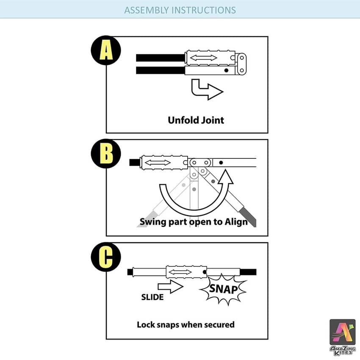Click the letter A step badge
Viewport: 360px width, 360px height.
click(x=106, y=50)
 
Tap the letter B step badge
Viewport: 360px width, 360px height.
click(x=106, y=153)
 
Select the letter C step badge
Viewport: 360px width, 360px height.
click(x=106, y=257)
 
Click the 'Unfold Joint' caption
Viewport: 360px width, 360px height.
click(x=196, y=120)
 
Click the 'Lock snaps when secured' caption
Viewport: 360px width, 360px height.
click(x=186, y=325)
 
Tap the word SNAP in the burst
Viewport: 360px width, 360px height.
click(x=223, y=289)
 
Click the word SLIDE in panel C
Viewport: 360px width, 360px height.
click(x=152, y=297)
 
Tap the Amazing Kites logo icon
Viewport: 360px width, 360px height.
click(x=343, y=332)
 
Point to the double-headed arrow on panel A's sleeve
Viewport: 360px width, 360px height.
click(x=203, y=57)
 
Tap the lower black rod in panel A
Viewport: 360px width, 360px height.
click(x=160, y=70)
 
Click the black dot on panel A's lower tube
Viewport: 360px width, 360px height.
click(x=227, y=70)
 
